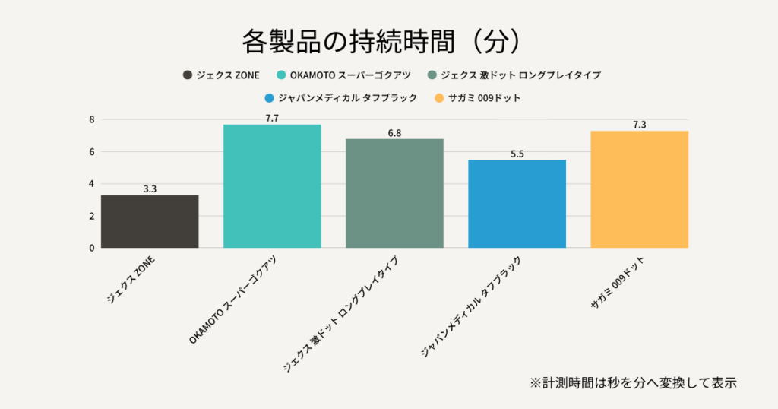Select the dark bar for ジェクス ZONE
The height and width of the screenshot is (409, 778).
pyautogui.click(x=150, y=221)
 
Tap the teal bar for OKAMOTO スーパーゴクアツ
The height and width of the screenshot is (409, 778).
pyautogui.click(x=272, y=185)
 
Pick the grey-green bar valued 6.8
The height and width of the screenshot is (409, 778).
pyautogui.click(x=394, y=193)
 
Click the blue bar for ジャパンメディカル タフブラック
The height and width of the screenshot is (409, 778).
pyautogui.click(x=517, y=204)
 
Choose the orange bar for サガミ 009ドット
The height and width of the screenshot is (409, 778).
pyautogui.click(x=639, y=189)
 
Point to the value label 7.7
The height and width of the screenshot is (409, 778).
pyautogui.click(x=272, y=118)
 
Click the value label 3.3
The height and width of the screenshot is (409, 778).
pyautogui.click(x=150, y=189)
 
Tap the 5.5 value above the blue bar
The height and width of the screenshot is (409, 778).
pyautogui.click(x=517, y=154)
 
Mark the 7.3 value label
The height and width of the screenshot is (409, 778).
pyautogui.click(x=639, y=125)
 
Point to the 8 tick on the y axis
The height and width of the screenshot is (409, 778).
pyautogui.click(x=92, y=119)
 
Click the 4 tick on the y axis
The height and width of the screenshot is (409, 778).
pyautogui.click(x=92, y=184)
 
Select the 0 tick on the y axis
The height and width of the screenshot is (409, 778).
pyautogui.click(x=92, y=248)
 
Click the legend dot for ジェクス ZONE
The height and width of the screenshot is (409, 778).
pyautogui.click(x=187, y=75)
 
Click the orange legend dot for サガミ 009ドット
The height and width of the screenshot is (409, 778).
pyautogui.click(x=438, y=98)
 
